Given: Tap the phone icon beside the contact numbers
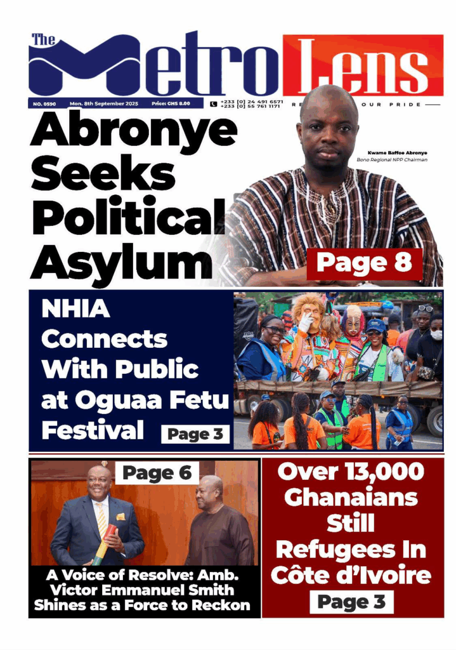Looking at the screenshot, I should tap(213, 103).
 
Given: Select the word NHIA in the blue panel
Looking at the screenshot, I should tap(75, 310).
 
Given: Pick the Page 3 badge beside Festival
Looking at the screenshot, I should tap(195, 435).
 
